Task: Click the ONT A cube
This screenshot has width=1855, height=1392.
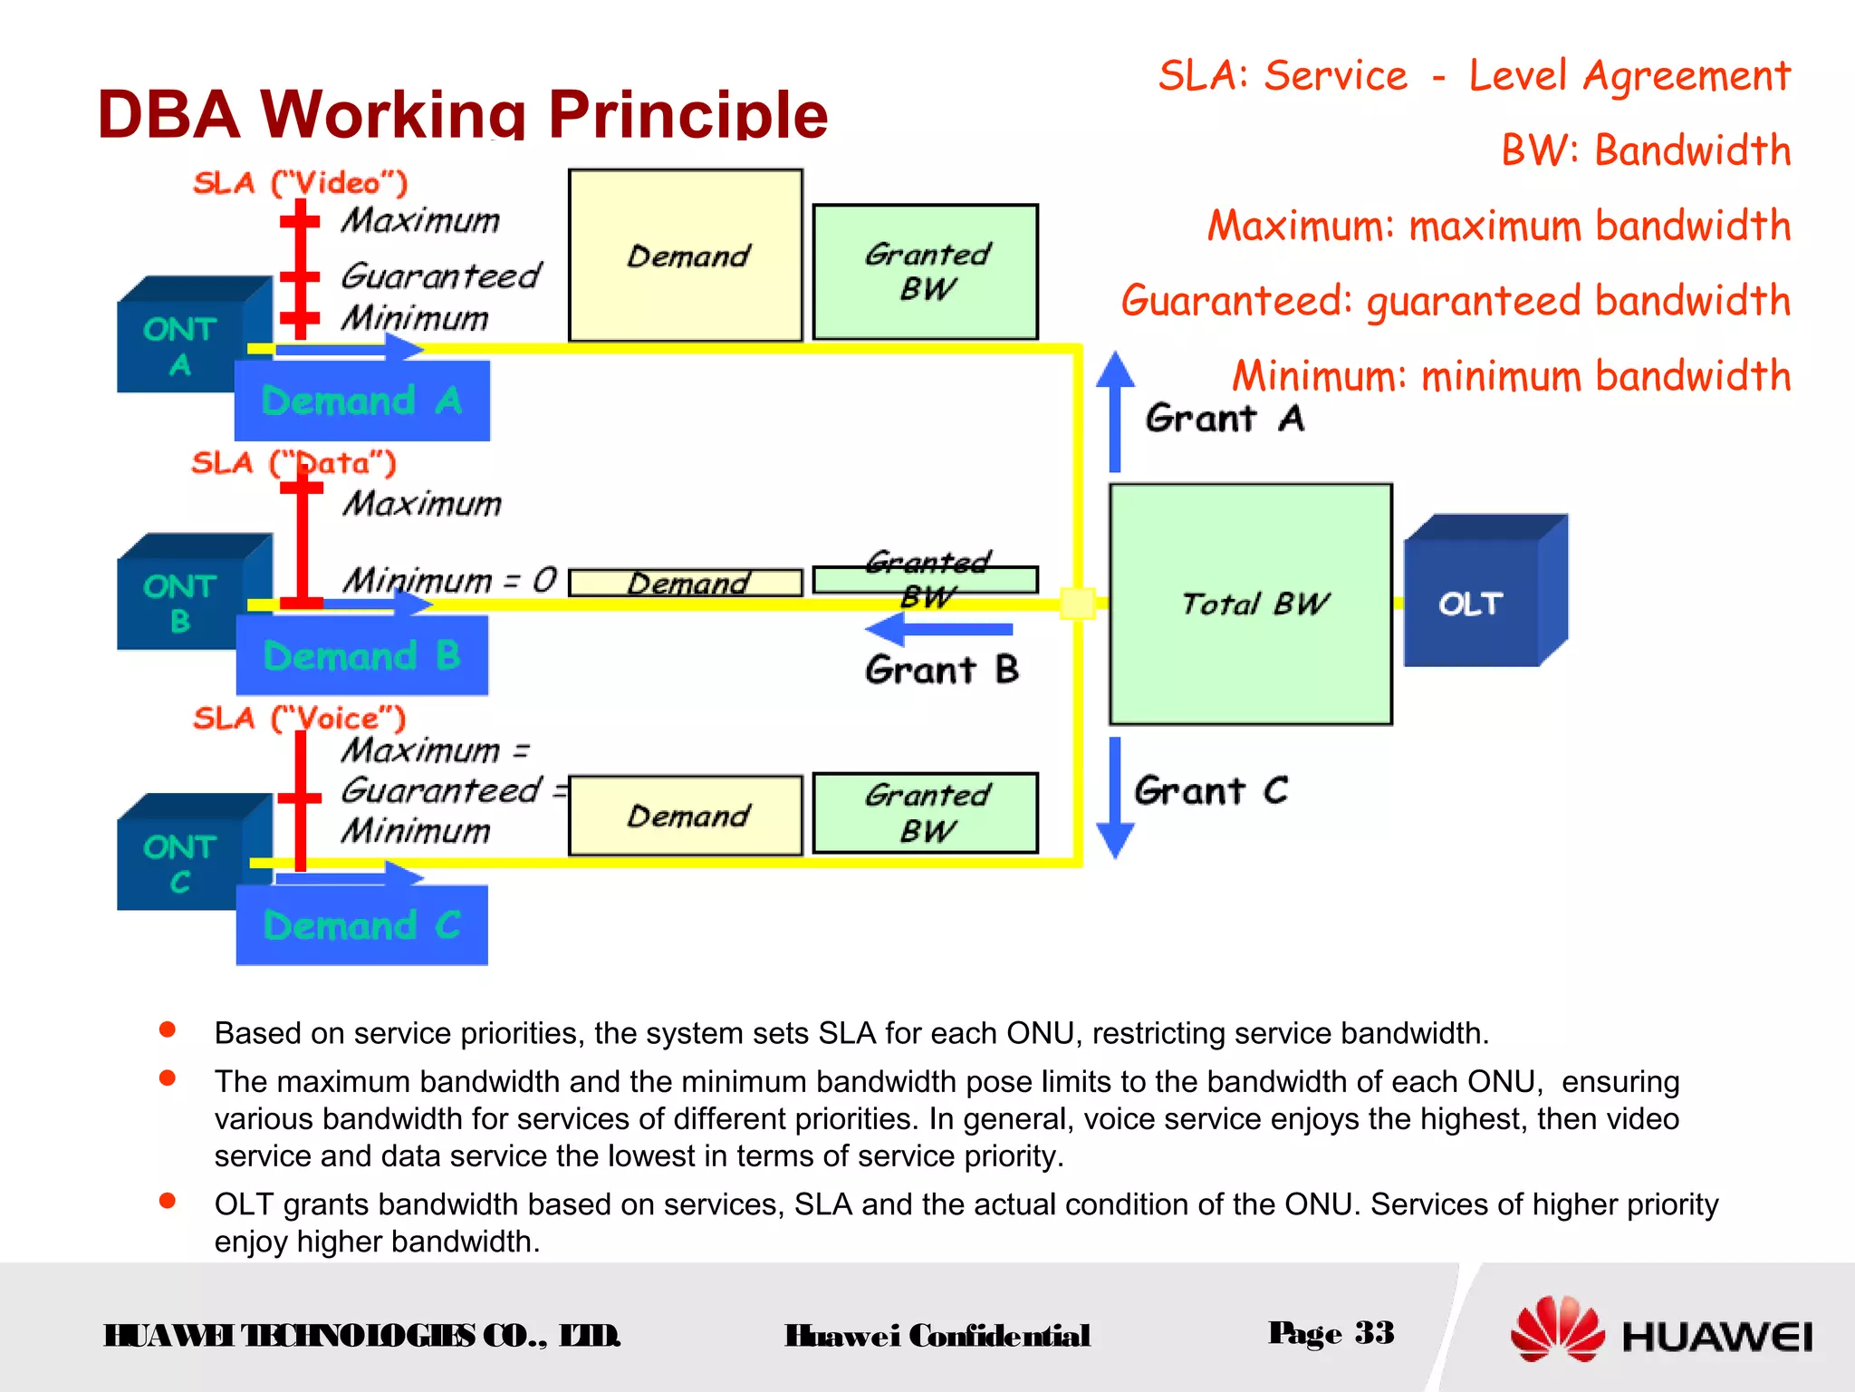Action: [x=181, y=340]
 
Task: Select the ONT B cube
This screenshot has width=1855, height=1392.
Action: [x=181, y=598]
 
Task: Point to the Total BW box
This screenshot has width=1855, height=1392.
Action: [x=1251, y=604]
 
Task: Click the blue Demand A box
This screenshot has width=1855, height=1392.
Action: [x=362, y=401]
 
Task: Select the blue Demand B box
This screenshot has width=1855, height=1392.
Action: [x=362, y=655]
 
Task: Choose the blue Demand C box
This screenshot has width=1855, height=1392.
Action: [x=362, y=925]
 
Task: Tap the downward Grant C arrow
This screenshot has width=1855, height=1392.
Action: [x=1115, y=797]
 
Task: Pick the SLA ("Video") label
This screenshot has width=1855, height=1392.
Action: [x=301, y=183]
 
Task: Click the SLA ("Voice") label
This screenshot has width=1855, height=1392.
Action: [x=300, y=719]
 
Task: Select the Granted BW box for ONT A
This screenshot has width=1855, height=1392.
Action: [x=925, y=272]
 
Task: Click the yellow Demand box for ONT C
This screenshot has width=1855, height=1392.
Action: [x=686, y=816]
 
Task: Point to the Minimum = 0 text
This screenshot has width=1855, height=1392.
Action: [x=450, y=580]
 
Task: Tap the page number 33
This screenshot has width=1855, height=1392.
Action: [x=1374, y=1333]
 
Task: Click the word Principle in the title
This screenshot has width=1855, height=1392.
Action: [x=688, y=115]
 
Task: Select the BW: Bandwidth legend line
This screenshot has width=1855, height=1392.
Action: [x=1646, y=150]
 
